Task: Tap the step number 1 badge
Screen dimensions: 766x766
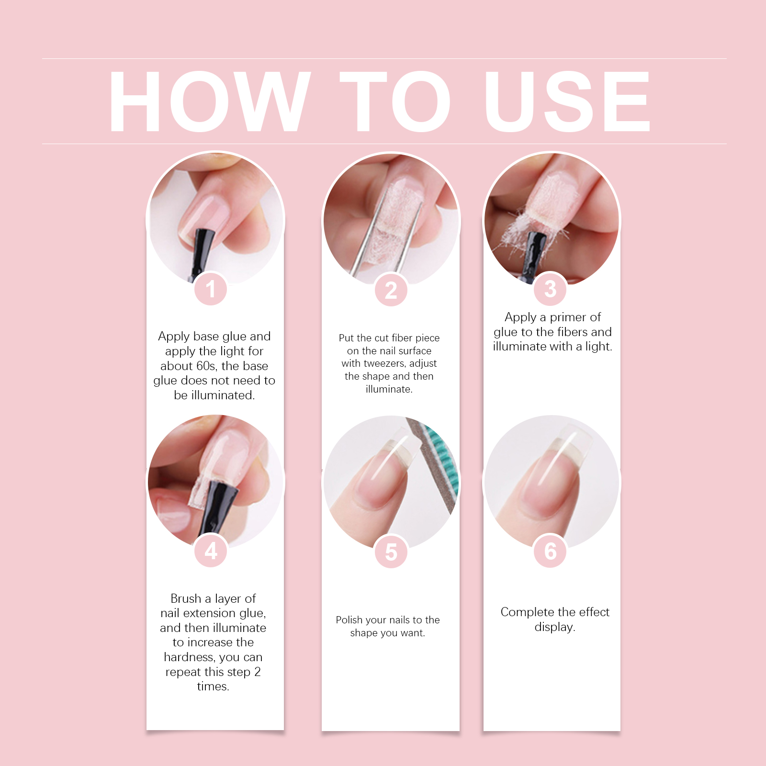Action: coord(211,289)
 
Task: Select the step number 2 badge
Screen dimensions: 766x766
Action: coord(391,290)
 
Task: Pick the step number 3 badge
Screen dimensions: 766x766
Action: coord(551,289)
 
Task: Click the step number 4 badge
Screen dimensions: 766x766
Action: coord(211,551)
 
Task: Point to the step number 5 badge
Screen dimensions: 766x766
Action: coord(391,552)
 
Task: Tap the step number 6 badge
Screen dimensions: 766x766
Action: coord(551,551)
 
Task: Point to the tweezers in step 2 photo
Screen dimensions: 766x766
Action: coord(383,239)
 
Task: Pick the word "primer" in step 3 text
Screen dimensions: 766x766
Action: coord(568,318)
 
